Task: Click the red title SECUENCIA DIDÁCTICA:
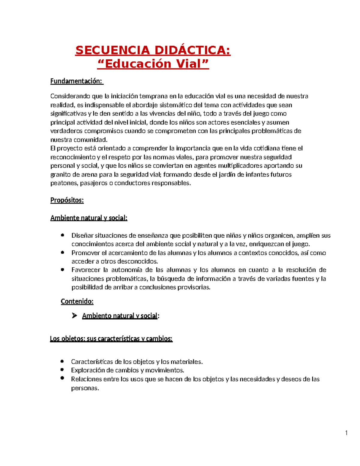pyautogui.click(x=153, y=50)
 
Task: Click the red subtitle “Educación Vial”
pyautogui.click(x=153, y=64)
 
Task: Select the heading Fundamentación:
pyautogui.click(x=76, y=81)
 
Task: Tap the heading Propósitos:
pyautogui.click(x=67, y=200)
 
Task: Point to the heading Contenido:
pyautogui.click(x=77, y=301)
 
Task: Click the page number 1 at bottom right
pyautogui.click(x=346, y=433)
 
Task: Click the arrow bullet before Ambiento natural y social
pyautogui.click(x=74, y=315)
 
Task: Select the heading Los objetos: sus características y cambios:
pyautogui.click(x=111, y=339)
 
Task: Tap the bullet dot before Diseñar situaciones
pyautogui.click(x=62, y=235)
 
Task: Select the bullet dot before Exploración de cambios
pyautogui.click(x=62, y=370)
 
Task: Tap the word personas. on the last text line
pyautogui.click(x=85, y=388)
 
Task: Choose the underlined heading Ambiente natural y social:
pyautogui.click(x=89, y=218)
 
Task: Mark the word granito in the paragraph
pyautogui.click(x=60, y=174)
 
